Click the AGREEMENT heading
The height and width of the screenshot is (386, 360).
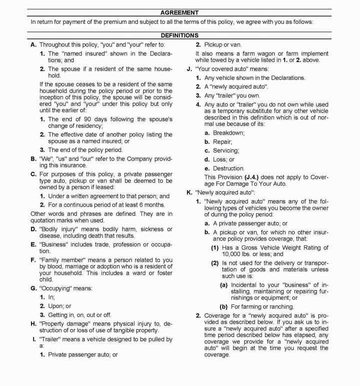click(180, 12)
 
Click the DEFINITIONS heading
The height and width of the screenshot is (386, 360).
click(179, 36)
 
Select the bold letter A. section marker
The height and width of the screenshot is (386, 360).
click(33, 45)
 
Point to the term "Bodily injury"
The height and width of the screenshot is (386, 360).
click(56, 229)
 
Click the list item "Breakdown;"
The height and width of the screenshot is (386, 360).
click(228, 133)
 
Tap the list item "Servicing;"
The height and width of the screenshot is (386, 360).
click(226, 151)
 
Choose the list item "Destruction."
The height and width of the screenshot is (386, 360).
click(228, 169)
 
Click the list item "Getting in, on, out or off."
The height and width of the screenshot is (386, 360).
click(79, 314)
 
